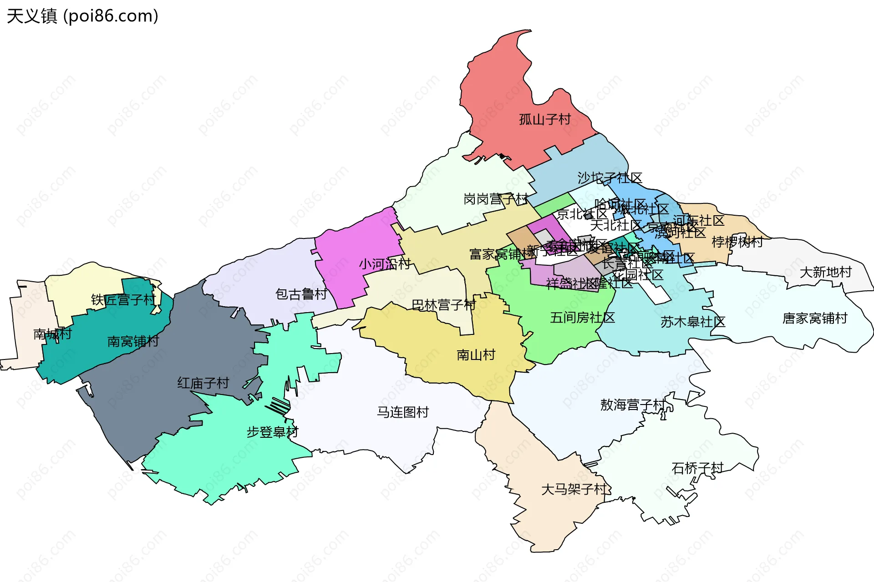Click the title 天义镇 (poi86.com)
tap(82, 16)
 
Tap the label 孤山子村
tap(545, 119)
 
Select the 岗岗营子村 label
tap(495, 199)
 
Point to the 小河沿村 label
tap(385, 264)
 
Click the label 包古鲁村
tap(301, 294)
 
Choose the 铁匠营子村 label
tap(123, 299)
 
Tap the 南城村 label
tap(52, 334)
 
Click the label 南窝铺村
tap(133, 341)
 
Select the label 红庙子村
tap(203, 383)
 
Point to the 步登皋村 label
tap(272, 431)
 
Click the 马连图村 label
tap(403, 412)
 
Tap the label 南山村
tap(476, 354)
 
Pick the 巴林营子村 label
tap(443, 304)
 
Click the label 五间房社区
tap(582, 317)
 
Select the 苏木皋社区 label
tap(692, 322)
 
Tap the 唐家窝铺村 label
tap(814, 318)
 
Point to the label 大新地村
tap(825, 272)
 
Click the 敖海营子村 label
tap(632, 404)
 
